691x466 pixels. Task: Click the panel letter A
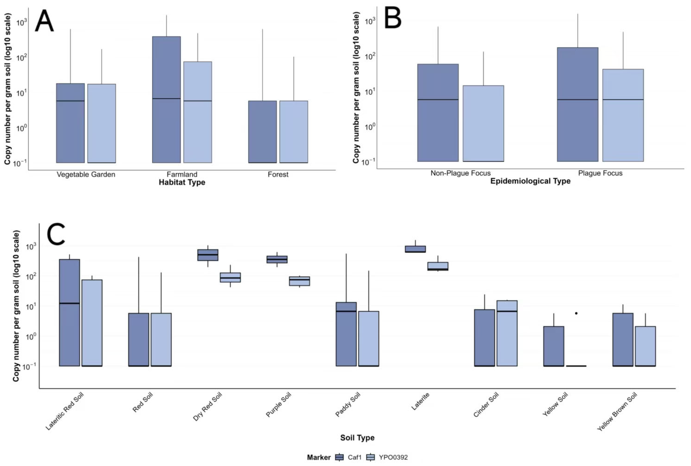click(x=44, y=21)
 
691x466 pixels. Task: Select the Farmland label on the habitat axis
click(x=182, y=174)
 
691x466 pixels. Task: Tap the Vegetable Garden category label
click(x=86, y=174)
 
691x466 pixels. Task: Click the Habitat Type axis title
click(x=182, y=182)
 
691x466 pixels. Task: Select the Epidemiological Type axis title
click(x=530, y=181)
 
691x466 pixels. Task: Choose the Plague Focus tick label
click(x=600, y=173)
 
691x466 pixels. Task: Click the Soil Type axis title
click(x=357, y=437)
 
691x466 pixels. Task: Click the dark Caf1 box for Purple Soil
click(x=277, y=259)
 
